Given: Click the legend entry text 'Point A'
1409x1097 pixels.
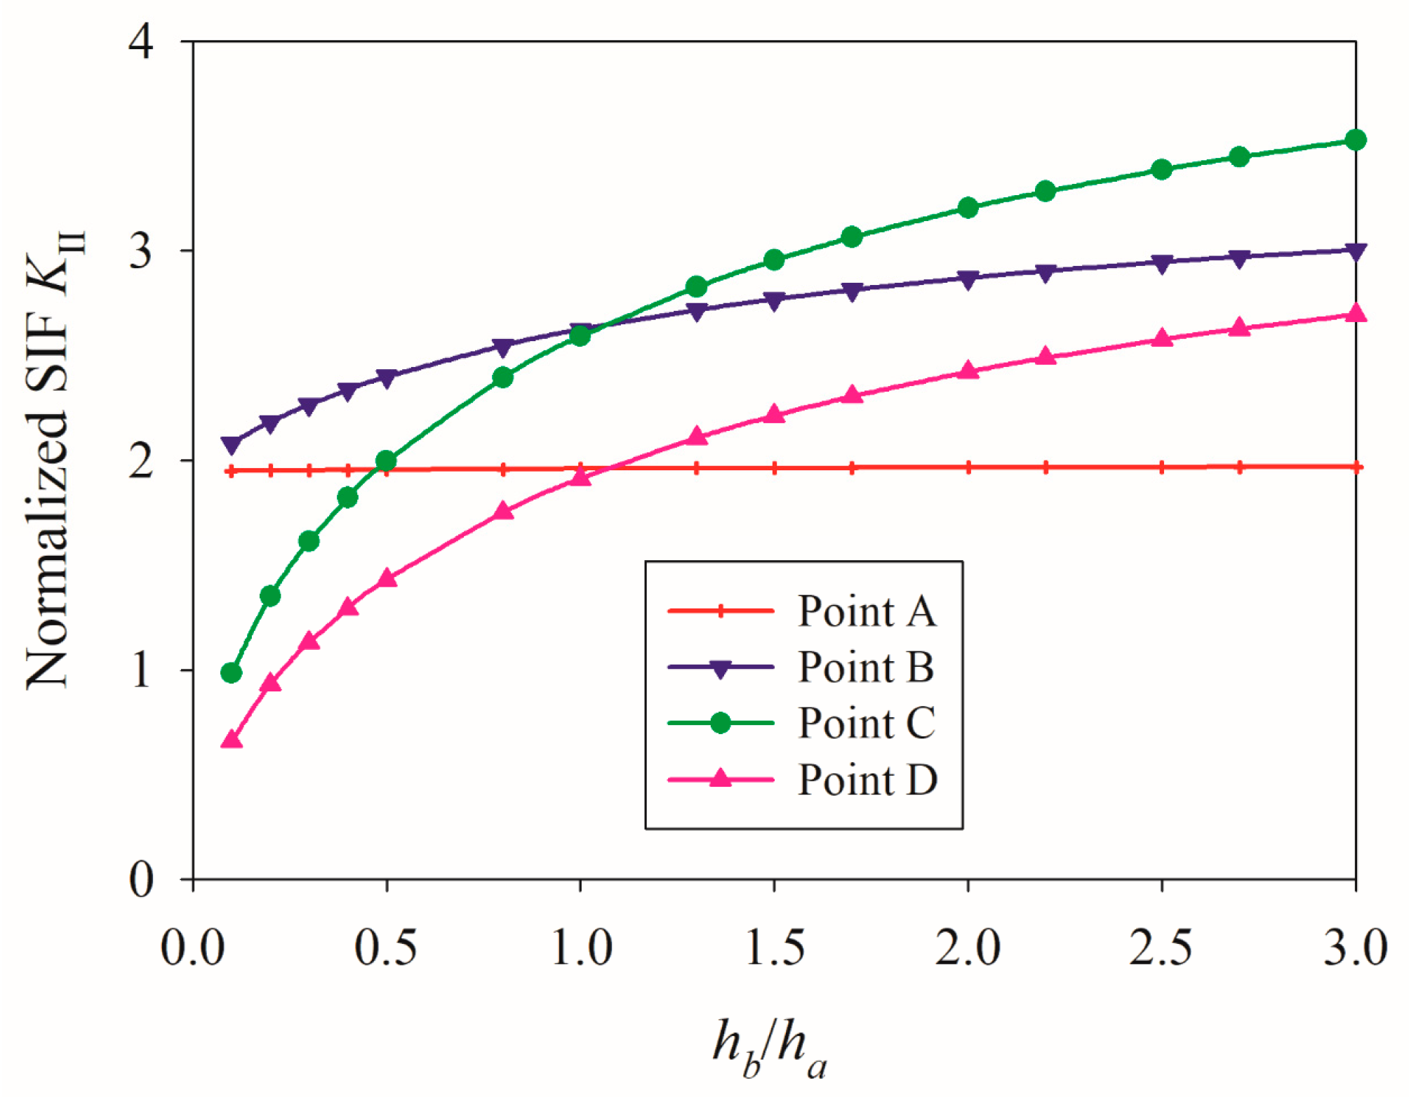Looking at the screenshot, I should pos(867,611).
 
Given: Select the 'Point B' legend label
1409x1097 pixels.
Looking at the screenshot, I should pos(866,667).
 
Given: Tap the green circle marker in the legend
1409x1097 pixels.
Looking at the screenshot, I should pos(720,723).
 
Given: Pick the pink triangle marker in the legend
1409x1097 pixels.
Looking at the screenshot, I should pos(720,778).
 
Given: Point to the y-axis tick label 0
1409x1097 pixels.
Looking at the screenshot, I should pos(141,879).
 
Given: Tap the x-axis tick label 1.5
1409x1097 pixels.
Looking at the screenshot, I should pos(775,948).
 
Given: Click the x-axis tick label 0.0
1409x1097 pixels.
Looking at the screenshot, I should pos(193,948).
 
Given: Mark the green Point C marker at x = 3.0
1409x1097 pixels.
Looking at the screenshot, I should pos(1356,140).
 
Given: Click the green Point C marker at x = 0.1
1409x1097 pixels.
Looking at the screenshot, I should pos(232,673).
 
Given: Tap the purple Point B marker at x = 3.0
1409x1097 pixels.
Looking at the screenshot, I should pos(1356,251).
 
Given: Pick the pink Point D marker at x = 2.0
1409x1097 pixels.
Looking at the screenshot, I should pos(968,371).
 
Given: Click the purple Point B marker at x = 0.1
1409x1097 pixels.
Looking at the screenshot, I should pos(232,444).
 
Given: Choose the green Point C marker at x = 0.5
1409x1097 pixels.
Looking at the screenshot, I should pos(387,461).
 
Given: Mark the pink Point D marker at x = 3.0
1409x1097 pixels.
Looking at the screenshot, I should pos(1356,314).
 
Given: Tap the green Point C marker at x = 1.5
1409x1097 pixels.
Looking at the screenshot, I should pos(774,260).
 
